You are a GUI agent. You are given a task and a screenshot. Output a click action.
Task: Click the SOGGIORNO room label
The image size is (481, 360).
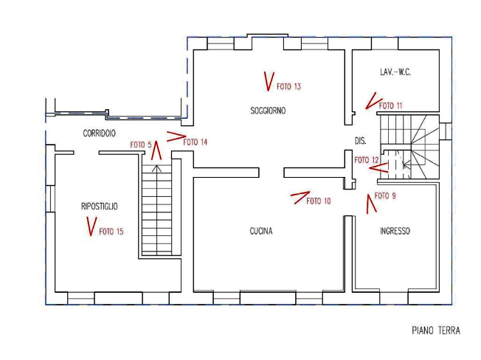point(268,111)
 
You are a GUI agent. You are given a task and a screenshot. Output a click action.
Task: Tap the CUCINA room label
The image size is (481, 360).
point(261,231)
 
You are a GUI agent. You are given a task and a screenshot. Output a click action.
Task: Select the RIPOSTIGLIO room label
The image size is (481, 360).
point(100,206)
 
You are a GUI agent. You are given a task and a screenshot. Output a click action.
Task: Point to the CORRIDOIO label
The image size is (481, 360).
point(100,133)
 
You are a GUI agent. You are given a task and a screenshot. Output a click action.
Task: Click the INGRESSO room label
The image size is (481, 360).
point(395,231)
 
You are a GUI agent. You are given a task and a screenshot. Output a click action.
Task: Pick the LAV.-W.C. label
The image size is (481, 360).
point(395,72)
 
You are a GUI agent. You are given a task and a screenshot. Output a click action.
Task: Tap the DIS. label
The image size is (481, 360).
point(361,141)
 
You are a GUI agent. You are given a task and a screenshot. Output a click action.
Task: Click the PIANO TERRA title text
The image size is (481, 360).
point(436,330)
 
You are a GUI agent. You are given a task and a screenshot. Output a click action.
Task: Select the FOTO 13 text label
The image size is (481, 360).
point(288,86)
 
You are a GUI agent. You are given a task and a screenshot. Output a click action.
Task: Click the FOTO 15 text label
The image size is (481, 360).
point(111,231)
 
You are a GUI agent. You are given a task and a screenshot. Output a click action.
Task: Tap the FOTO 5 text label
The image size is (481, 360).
point(141,145)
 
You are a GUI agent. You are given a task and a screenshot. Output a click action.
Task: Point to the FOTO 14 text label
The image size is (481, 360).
point(195,142)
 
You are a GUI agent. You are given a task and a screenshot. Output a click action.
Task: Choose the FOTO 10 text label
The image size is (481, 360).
point(319,201)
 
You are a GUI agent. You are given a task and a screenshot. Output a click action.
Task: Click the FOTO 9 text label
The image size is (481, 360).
point(385,195)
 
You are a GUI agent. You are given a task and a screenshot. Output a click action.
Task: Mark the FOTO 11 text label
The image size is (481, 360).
point(390,105)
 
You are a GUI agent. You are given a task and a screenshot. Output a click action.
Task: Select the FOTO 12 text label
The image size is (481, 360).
point(367,160)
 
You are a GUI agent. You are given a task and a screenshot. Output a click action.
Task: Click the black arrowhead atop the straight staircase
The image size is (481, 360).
point(156,168)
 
